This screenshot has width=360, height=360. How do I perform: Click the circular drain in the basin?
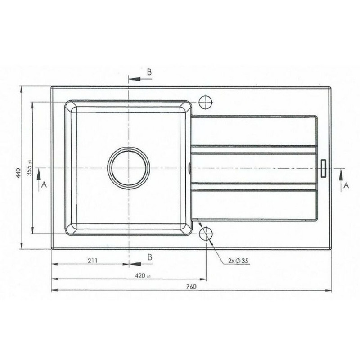pos(129,168)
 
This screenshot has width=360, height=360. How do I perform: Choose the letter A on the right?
pos(346,185)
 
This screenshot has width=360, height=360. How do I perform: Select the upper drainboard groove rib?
pos(254,150)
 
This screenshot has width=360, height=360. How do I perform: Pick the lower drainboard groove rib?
pos(254,187)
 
